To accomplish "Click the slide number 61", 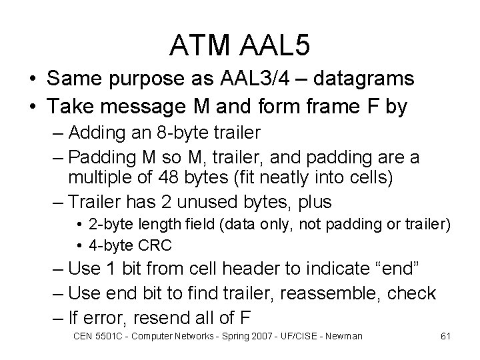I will pyautogui.click(x=445, y=336).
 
